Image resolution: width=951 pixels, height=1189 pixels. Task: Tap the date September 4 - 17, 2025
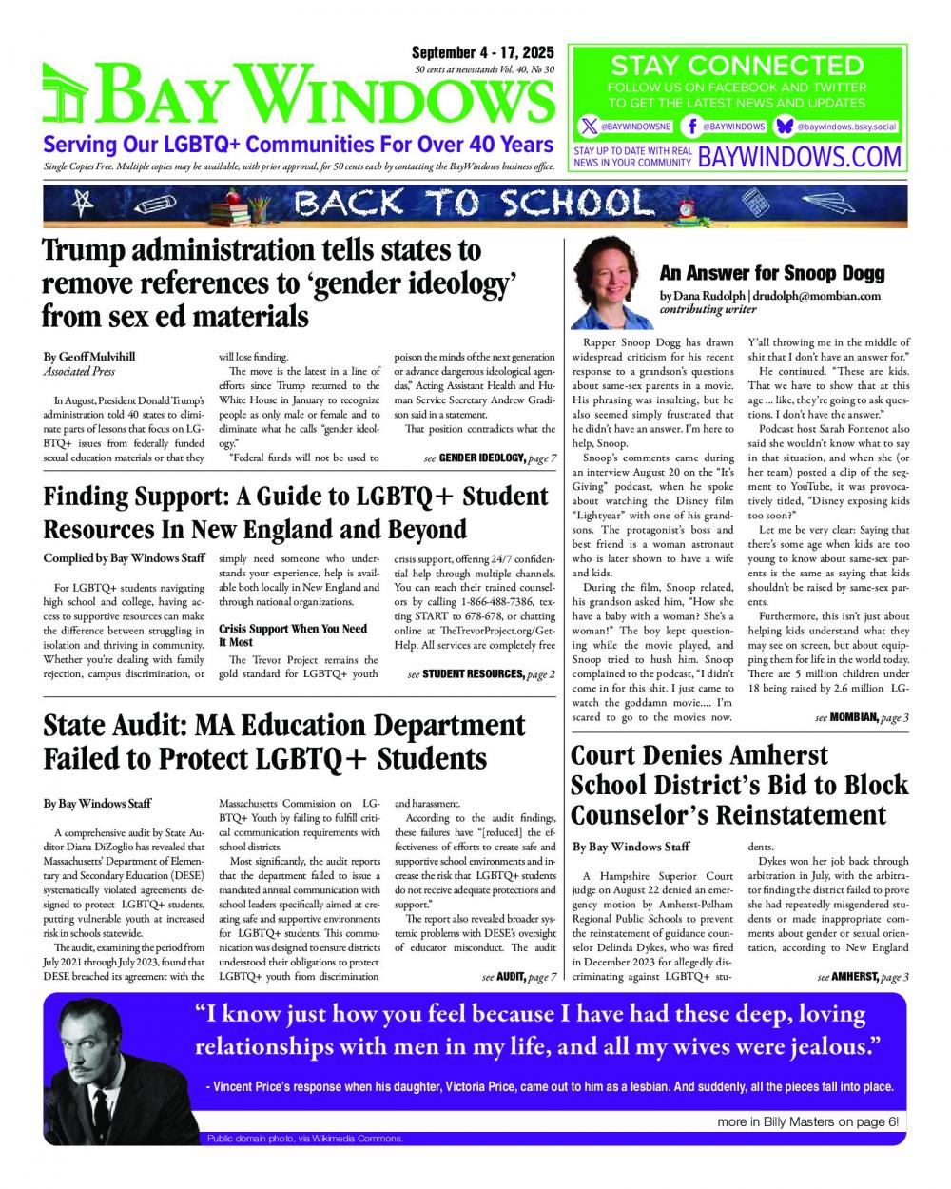pyautogui.click(x=484, y=53)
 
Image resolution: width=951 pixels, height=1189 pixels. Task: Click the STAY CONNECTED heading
pyautogui.click(x=737, y=66)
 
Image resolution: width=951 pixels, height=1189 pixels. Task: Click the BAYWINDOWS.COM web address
pyautogui.click(x=799, y=156)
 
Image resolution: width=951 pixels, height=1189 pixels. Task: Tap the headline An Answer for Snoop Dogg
pyautogui.click(x=771, y=274)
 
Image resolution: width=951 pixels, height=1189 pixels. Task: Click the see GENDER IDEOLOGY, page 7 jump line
pyautogui.click(x=490, y=458)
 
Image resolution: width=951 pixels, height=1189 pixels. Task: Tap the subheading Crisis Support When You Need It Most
pyautogui.click(x=293, y=635)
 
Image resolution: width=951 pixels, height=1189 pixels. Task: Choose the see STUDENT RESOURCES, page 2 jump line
pyautogui.click(x=481, y=674)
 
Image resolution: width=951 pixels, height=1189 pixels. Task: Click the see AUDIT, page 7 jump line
pyautogui.click(x=518, y=977)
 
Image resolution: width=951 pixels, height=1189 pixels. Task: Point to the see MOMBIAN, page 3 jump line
pyautogui.click(x=849, y=717)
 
